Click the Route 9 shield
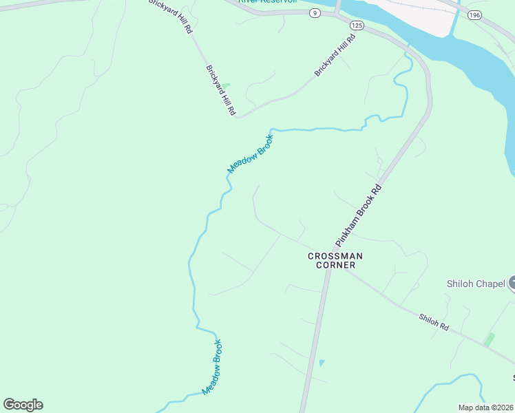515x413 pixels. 314,13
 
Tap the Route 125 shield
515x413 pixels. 356,25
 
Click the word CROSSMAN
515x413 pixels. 335,256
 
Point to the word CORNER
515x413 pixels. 335,265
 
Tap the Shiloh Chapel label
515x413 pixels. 476,284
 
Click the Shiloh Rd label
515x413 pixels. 434,321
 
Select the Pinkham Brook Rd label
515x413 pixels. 359,215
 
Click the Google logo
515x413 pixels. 23,405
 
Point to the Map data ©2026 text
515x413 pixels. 485,407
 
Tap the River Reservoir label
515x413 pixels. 267,2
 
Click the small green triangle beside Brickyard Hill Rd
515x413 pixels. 225,86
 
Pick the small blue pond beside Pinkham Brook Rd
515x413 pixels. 322,363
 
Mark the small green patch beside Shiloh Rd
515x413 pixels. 490,339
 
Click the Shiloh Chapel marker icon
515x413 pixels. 512,283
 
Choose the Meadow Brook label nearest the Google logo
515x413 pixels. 213,368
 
